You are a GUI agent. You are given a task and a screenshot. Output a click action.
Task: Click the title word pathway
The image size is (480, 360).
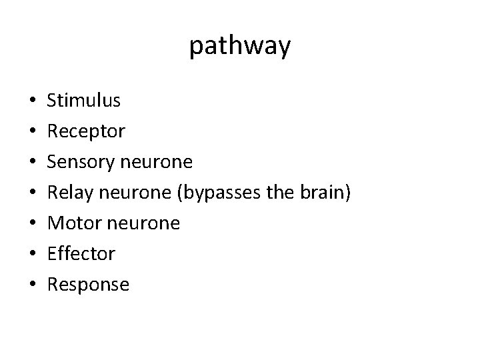pos(240,47)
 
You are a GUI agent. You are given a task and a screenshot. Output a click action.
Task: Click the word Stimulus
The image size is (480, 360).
pos(84,101)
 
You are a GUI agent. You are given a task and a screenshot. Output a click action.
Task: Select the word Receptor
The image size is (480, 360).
pos(86,131)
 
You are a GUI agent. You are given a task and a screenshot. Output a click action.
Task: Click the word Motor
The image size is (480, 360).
pos(71,223)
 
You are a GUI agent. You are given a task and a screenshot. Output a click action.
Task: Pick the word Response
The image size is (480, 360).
pos(88,285)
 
